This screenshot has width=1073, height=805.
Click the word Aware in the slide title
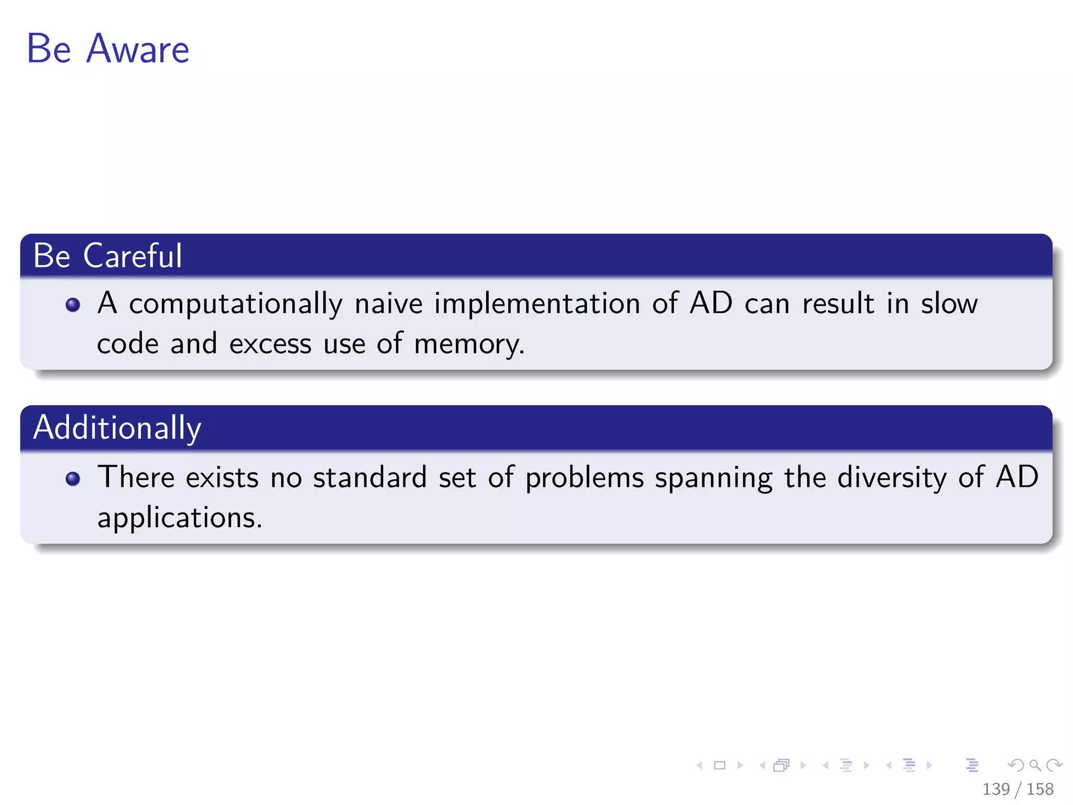click(x=137, y=49)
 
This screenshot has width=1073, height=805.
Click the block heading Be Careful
click(x=107, y=256)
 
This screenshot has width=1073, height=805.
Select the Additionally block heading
click(x=117, y=428)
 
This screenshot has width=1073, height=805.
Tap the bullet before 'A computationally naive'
click(x=73, y=305)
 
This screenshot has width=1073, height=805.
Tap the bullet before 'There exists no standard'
click(x=73, y=478)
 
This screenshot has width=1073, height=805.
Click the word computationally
click(x=235, y=304)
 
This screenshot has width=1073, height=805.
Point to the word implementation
click(x=536, y=303)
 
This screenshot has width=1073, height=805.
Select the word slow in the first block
click(x=949, y=303)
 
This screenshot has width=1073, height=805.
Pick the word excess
click(x=270, y=345)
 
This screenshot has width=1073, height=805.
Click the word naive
click(x=388, y=303)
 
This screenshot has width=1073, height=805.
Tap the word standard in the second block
click(x=369, y=477)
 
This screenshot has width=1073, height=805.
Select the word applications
click(x=179, y=518)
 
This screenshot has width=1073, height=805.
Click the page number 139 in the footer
click(x=995, y=789)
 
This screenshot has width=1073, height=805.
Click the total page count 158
click(x=1040, y=789)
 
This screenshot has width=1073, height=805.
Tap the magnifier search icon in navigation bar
click(x=1035, y=766)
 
